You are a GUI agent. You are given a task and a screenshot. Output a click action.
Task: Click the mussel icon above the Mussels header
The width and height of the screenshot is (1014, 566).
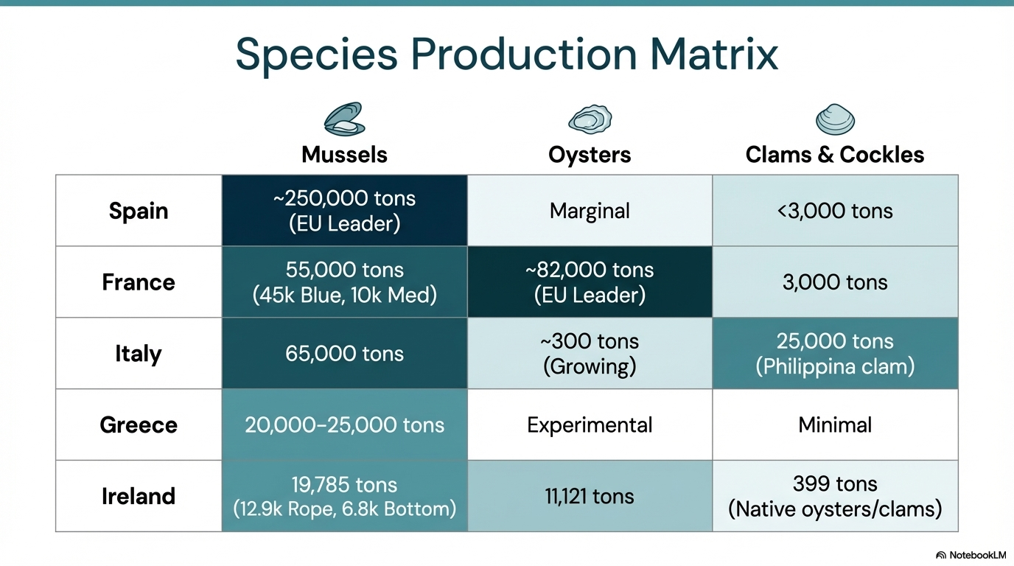(x=344, y=119)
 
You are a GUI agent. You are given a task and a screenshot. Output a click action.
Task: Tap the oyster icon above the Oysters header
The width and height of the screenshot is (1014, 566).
(x=590, y=119)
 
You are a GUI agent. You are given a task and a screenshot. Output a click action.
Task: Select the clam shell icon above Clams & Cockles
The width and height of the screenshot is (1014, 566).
(x=835, y=119)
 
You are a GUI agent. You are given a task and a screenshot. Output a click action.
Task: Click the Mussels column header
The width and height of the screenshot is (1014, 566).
(x=344, y=155)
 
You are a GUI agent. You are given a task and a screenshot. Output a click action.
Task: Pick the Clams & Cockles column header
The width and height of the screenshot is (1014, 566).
(x=835, y=155)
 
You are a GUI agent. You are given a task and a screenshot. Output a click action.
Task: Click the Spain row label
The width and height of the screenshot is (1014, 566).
(x=139, y=211)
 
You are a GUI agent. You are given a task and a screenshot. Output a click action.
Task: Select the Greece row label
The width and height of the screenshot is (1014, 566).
(x=139, y=424)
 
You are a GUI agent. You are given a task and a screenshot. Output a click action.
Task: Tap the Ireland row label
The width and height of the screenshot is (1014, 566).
(x=139, y=496)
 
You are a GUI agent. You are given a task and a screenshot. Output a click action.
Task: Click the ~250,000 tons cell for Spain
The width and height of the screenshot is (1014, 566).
(x=344, y=211)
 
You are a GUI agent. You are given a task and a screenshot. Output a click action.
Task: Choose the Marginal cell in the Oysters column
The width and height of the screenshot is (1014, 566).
(x=590, y=211)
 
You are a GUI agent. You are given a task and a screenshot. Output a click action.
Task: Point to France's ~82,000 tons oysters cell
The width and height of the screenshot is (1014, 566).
(x=590, y=282)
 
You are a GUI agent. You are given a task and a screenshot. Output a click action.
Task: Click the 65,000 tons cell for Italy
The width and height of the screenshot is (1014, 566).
(x=344, y=353)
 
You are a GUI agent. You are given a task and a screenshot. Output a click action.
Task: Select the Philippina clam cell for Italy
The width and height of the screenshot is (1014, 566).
(x=835, y=353)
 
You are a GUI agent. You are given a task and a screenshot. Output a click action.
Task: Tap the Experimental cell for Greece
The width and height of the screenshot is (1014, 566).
(x=590, y=424)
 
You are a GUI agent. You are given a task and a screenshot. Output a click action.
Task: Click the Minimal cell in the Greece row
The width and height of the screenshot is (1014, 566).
(x=835, y=424)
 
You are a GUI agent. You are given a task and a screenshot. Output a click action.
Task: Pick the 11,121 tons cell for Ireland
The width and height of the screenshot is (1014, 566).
(x=590, y=496)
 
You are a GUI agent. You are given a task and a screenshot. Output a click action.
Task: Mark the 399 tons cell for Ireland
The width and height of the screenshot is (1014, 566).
(x=835, y=496)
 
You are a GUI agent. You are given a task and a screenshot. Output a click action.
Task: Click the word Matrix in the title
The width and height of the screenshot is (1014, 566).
(x=714, y=55)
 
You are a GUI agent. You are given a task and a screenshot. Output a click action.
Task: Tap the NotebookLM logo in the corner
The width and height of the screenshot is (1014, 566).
(x=971, y=555)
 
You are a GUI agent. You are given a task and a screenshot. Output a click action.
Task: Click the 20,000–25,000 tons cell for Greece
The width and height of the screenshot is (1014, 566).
(x=344, y=424)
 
